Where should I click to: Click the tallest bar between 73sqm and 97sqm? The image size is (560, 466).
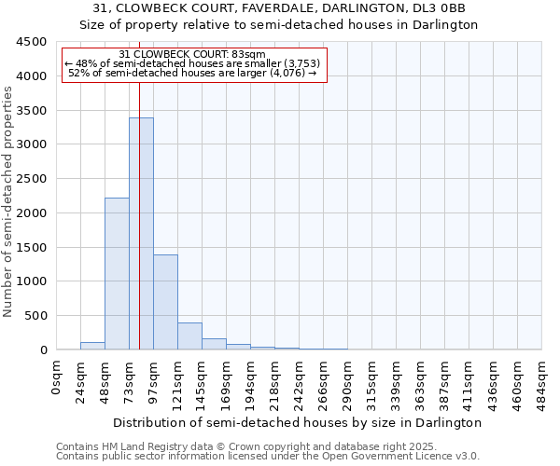[x=141, y=233]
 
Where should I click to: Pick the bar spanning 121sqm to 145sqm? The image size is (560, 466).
[x=189, y=336]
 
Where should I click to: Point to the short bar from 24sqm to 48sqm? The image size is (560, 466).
[x=92, y=346]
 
